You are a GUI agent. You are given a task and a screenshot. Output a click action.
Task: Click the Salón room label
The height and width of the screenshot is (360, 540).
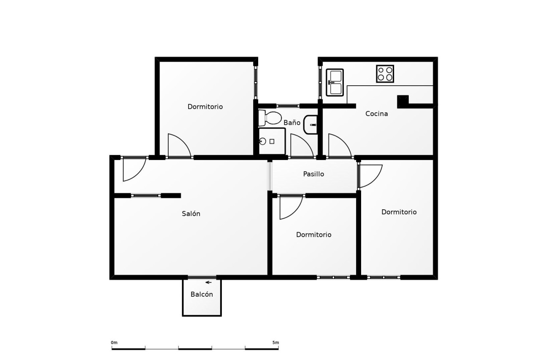(x=191, y=214)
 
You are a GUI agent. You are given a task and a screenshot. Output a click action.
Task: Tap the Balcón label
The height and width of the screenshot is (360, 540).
(x=202, y=295)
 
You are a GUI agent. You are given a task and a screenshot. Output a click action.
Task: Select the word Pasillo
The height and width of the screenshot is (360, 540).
(x=313, y=174)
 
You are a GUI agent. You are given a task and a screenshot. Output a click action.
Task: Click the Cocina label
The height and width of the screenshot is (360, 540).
(x=377, y=114)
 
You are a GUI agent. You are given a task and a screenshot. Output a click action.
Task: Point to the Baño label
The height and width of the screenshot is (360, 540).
(x=292, y=122)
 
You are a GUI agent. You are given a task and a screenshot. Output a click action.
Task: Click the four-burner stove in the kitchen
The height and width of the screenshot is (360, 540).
(x=385, y=74)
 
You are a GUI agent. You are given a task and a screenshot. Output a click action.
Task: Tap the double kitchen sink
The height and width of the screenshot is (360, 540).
(x=335, y=82)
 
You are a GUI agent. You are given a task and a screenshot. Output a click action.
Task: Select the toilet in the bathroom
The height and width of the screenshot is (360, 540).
(x=270, y=118)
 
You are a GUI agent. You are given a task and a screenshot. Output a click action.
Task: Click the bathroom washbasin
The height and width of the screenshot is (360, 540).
(x=311, y=125)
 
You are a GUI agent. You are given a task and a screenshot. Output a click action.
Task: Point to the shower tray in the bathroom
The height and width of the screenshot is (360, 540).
(x=272, y=141)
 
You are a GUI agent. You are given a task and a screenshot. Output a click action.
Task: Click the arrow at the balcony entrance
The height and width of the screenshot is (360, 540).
(x=208, y=283)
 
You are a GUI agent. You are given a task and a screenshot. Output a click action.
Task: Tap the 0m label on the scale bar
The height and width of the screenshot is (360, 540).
(x=114, y=343)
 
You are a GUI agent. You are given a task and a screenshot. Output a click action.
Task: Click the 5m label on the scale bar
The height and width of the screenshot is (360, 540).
(x=276, y=343)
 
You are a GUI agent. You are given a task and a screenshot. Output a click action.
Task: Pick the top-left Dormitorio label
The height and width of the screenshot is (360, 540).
(x=205, y=107)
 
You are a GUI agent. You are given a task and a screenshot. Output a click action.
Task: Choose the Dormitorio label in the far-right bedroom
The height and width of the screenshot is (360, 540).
(x=399, y=212)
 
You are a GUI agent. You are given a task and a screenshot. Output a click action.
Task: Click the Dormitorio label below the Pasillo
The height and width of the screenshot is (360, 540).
(x=313, y=235)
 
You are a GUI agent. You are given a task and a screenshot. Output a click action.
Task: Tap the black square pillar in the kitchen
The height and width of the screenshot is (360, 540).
(x=403, y=102)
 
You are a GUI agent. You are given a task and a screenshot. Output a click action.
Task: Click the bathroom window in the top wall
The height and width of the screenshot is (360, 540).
(x=288, y=106)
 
